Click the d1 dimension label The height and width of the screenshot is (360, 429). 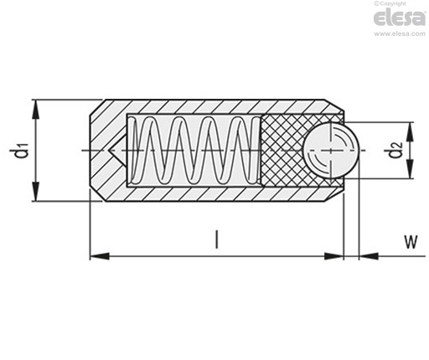coord(21,150)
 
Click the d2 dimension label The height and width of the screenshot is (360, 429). coord(396,150)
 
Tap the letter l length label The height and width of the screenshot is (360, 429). coord(216,239)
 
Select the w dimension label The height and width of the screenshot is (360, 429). coord(411,242)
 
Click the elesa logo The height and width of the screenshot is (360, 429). coord(400,18)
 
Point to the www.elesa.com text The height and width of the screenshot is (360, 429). coord(400,33)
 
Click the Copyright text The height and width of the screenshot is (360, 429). coord(390,3)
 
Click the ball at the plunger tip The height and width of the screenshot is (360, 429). coord(331,151)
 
